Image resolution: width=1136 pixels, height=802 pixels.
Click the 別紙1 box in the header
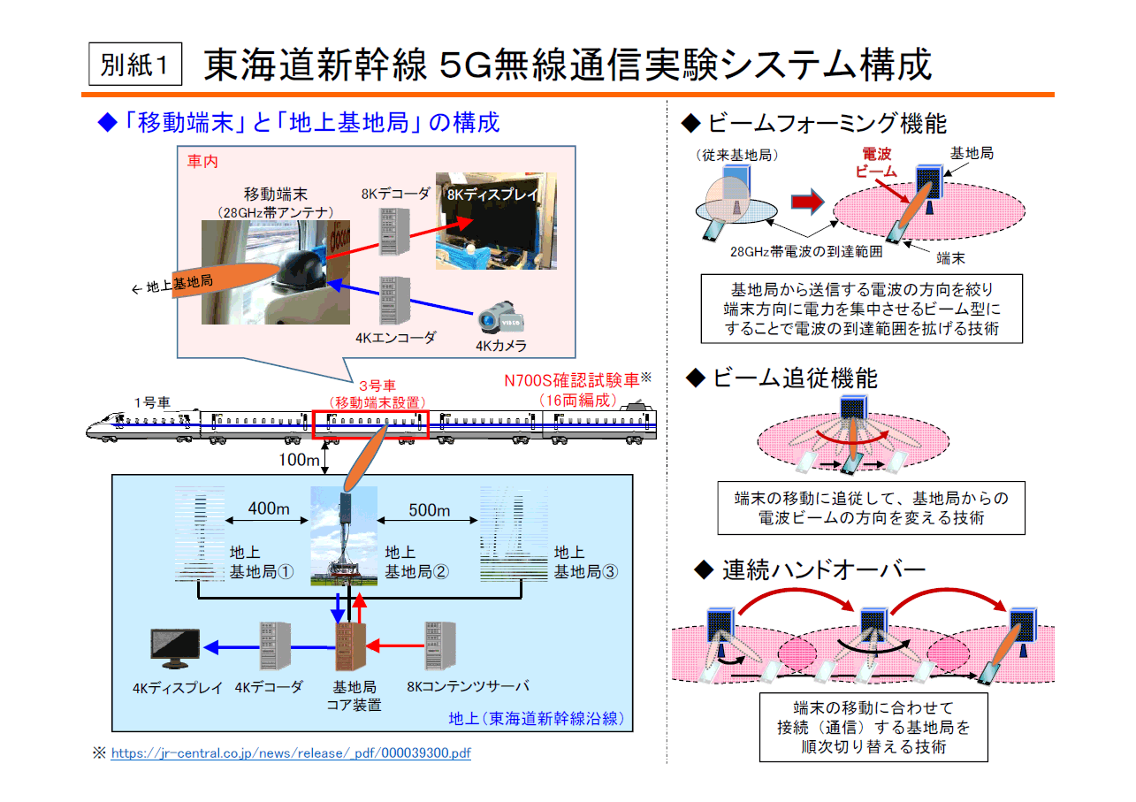135,64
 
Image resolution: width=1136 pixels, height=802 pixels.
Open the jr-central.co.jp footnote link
291,752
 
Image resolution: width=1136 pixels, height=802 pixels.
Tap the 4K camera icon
500,318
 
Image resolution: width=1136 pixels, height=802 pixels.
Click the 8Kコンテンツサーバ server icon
440,646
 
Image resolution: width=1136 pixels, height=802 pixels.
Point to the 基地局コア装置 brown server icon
351,646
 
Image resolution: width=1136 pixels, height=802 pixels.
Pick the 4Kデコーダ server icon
275,646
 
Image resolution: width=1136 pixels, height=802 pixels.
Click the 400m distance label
268,508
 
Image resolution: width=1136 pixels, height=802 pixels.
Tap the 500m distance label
429,510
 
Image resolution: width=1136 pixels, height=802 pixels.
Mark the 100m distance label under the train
299,460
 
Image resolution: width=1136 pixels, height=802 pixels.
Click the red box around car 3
370,424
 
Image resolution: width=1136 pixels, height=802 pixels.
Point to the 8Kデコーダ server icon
395,232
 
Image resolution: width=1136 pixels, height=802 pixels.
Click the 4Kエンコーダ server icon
395,301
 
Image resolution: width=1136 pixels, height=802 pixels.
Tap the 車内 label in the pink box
202,161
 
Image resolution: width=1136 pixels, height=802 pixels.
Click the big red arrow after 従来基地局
807,202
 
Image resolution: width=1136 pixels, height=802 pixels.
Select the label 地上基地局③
586,562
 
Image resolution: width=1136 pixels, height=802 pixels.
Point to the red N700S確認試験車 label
572,380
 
